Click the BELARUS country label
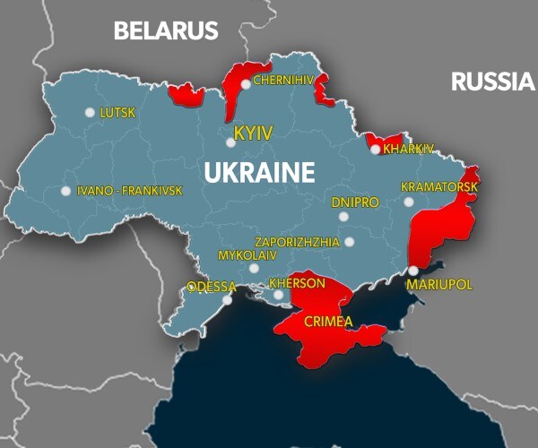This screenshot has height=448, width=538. coord(166,31)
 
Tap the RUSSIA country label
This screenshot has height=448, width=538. coord(492,82)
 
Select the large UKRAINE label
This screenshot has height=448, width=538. coord(259,173)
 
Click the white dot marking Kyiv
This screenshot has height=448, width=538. coord(230,142)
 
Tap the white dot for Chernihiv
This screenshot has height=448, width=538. coord(245,84)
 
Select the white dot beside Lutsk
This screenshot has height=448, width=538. coord(90,112)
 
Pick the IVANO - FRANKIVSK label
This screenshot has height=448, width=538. coord(129,191)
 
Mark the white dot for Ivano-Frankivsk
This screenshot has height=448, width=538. coord(65,190)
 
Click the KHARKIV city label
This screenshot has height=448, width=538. coord(408,149)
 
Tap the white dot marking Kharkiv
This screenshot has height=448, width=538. coord(376,150)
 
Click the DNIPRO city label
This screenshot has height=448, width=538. coord(355,202)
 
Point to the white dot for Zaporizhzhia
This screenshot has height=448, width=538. coord(349,242)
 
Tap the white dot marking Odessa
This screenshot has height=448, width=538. coord(228,300)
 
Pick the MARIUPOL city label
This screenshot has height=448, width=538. coord(438,284)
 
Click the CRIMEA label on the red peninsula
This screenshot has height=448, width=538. coord(327,322)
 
